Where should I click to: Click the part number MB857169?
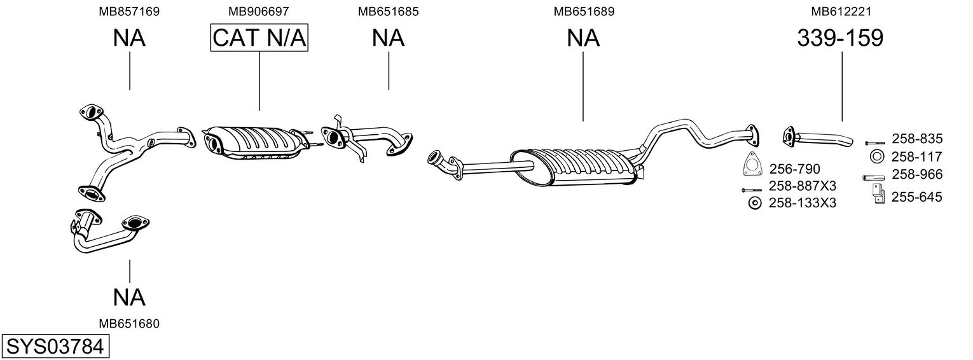pos(129,11)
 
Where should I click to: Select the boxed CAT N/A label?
pos(259,38)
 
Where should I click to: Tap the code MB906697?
pos(259,11)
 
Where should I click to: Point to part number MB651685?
pos(388,11)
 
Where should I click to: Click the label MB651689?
pos(584,11)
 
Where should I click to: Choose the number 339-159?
pos(840,38)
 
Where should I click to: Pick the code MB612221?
pos(841,11)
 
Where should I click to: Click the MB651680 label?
pos(129,324)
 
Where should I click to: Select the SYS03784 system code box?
pos(55,347)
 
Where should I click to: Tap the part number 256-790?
pos(794,169)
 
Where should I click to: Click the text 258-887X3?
pos(803,186)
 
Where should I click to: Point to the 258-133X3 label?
pos(803,203)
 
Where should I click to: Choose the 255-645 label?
pos(916,197)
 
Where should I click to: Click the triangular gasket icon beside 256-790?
pos(753,164)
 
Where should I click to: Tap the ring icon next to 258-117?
pos(875,156)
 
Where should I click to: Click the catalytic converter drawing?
pos(254,144)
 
